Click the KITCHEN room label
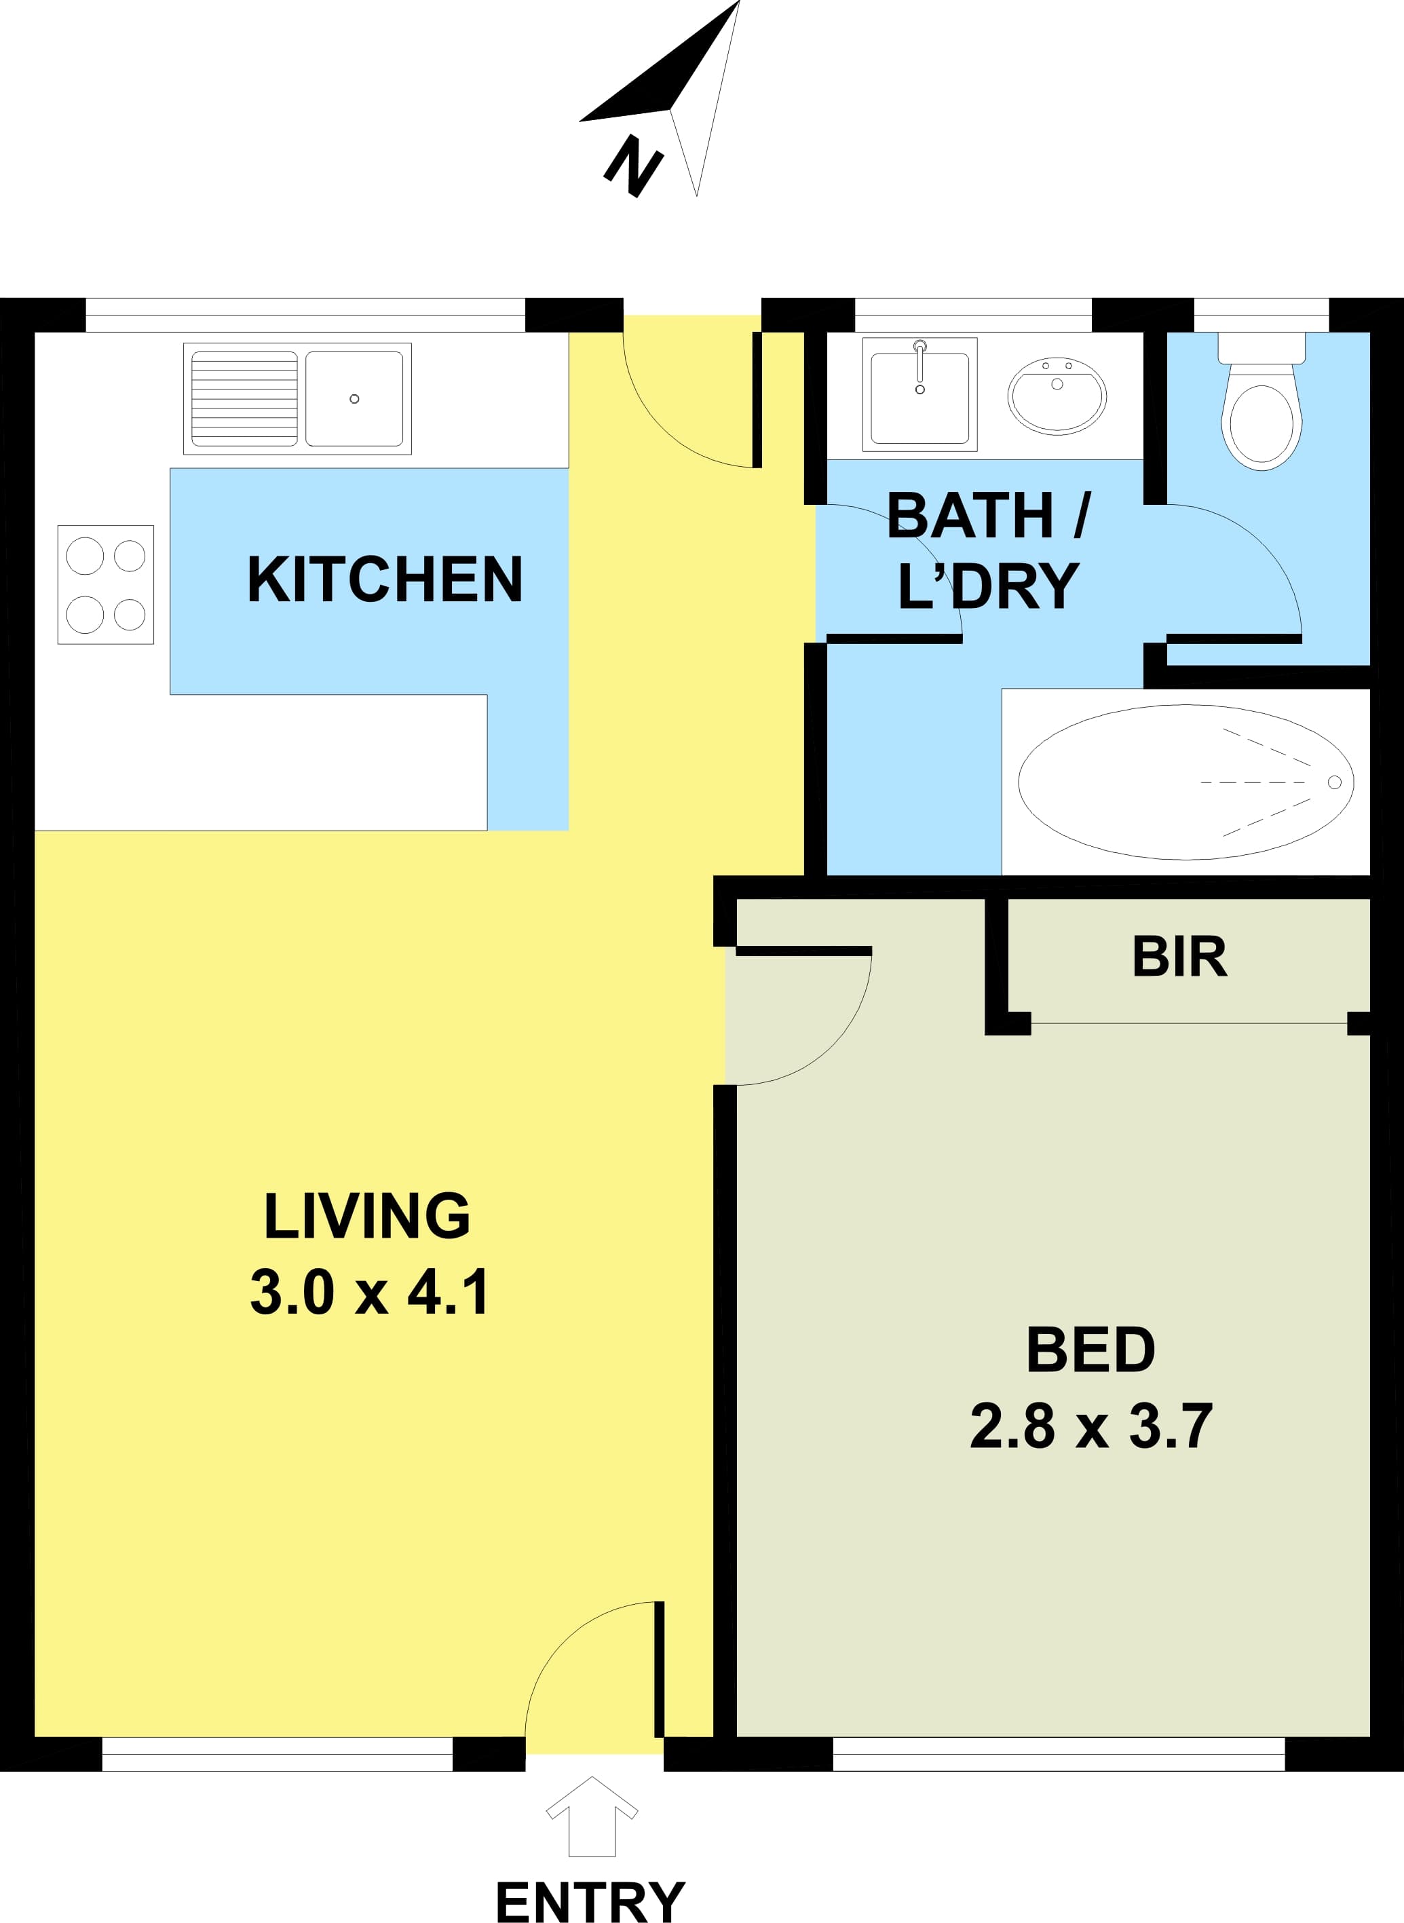tap(384, 579)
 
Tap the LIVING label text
tap(367, 1215)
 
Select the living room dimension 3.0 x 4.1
tap(369, 1292)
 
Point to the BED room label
tap(1090, 1350)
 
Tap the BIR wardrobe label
tap(1179, 957)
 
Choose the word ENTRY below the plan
tap(590, 1896)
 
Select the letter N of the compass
tap(633, 166)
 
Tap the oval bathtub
tap(1185, 782)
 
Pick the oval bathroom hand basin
tap(1057, 396)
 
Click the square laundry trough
tap(919, 394)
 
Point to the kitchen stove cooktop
tap(105, 585)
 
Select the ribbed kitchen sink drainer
tap(244, 398)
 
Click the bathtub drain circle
tap(1334, 782)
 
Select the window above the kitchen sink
tap(305, 314)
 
